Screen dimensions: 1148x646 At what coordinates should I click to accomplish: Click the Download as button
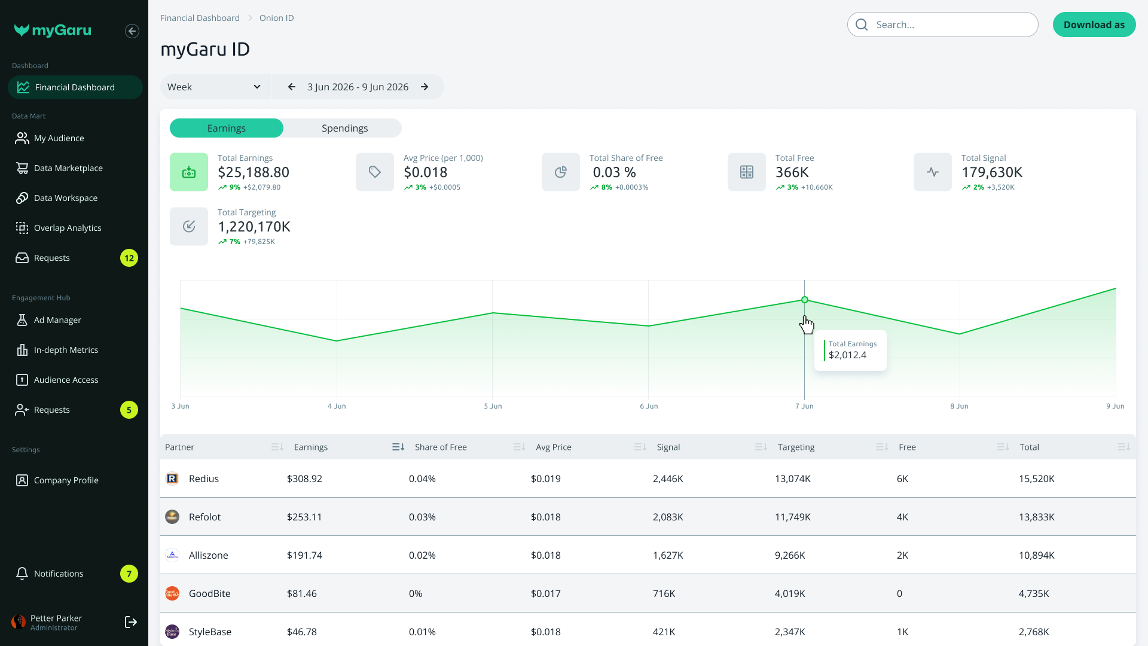click(1094, 25)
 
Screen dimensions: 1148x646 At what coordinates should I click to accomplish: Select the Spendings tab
click(344, 128)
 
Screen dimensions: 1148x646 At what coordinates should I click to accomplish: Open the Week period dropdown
click(214, 87)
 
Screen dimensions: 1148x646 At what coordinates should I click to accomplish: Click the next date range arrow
click(425, 87)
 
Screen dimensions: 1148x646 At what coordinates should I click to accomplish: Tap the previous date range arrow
click(292, 87)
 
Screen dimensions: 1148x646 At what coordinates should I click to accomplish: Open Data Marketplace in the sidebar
click(68, 168)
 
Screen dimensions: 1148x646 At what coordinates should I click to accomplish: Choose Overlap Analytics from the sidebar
click(68, 228)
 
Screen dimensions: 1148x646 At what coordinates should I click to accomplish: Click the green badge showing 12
click(129, 258)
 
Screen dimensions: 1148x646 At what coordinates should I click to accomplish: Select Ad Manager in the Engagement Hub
click(57, 320)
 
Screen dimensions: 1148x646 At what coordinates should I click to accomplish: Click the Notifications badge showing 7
click(129, 574)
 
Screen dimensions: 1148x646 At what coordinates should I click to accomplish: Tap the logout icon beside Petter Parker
click(131, 622)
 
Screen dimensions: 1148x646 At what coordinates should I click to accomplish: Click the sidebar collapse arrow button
click(132, 31)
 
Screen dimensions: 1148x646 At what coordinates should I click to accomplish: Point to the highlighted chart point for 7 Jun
click(805, 300)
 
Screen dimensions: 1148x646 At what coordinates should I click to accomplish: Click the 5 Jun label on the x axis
click(493, 406)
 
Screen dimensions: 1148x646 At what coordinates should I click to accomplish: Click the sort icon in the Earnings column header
click(398, 447)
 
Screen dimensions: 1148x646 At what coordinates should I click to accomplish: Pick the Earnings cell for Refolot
click(304, 517)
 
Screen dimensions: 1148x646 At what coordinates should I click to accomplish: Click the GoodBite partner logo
click(172, 593)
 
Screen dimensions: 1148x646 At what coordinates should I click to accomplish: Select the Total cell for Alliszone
click(1037, 555)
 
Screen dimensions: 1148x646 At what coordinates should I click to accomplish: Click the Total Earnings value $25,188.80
click(254, 172)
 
